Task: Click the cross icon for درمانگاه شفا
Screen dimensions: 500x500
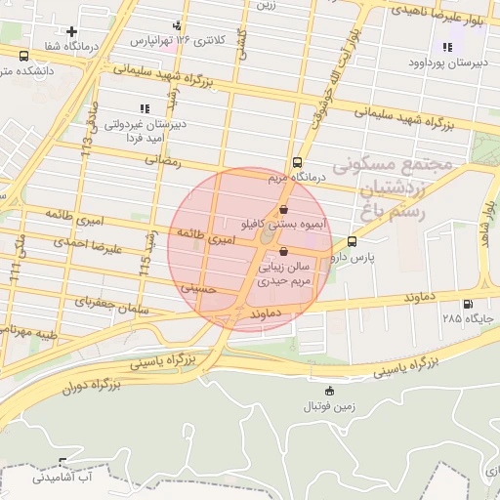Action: click(71, 32)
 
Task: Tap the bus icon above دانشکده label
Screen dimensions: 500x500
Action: click(23, 56)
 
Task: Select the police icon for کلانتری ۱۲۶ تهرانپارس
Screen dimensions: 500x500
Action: click(176, 25)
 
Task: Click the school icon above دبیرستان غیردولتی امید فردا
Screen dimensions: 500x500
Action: click(145, 108)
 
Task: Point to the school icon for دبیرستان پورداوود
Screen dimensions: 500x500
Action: click(447, 47)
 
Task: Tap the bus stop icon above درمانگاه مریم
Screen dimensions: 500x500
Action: click(297, 163)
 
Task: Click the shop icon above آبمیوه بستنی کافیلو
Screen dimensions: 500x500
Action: click(283, 209)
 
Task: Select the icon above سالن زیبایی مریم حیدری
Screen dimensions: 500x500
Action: click(283, 251)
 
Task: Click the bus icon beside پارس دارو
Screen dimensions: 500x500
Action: click(352, 241)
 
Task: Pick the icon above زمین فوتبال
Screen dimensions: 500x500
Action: click(328, 391)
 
